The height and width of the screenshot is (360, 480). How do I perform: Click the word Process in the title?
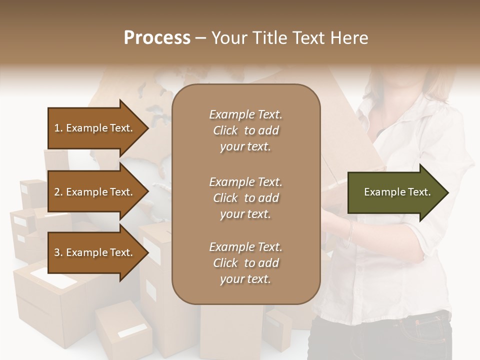157,38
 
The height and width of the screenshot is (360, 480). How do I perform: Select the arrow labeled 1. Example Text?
95,128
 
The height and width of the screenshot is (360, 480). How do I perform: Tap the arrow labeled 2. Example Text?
95,192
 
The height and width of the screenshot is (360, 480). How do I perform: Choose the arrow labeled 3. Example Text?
95,253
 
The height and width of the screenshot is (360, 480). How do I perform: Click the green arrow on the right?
395,192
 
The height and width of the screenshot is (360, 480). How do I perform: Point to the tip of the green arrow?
447,192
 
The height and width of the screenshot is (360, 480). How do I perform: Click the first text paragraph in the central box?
245,130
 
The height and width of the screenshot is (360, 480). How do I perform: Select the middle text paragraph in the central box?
245,197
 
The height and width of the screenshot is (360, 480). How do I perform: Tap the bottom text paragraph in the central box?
245,263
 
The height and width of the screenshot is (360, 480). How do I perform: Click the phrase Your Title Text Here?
289,38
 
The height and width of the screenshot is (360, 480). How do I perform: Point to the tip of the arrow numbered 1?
148,128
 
